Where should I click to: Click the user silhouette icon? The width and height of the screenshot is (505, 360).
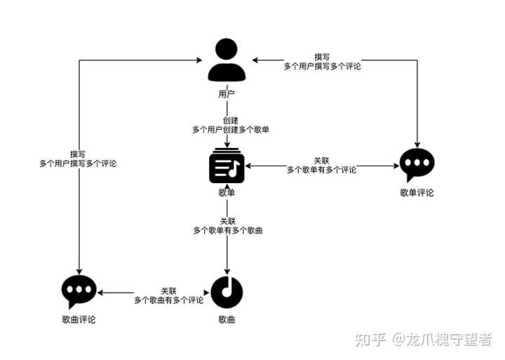point(227,61)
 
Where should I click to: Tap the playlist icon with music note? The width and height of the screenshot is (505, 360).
point(227,168)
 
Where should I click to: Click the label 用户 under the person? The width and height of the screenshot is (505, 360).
point(227,93)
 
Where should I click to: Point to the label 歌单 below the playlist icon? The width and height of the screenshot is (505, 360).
point(227,192)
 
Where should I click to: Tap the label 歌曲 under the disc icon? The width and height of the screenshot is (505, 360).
point(227,320)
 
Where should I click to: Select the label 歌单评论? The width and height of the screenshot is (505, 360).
point(417,192)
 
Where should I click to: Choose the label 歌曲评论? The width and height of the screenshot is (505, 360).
point(78,320)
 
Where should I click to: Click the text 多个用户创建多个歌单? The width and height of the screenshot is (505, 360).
point(231,130)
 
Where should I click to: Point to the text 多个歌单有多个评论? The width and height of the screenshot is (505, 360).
point(321,170)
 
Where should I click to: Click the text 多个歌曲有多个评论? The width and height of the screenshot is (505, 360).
point(168,300)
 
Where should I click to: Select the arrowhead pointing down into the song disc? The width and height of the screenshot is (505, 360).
point(227,273)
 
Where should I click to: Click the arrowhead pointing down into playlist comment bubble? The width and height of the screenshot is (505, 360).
point(417,145)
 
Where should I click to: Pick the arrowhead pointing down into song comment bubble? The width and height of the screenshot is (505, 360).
point(78,272)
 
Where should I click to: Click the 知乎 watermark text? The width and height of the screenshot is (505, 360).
point(370,340)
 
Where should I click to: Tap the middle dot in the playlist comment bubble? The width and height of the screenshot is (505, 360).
point(417,163)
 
